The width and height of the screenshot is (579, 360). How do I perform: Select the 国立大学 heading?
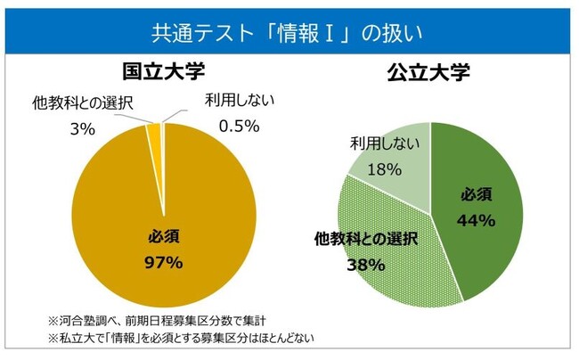point(162,70)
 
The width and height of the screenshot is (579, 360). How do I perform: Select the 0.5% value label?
point(238,126)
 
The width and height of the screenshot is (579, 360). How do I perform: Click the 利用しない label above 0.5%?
point(236,100)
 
